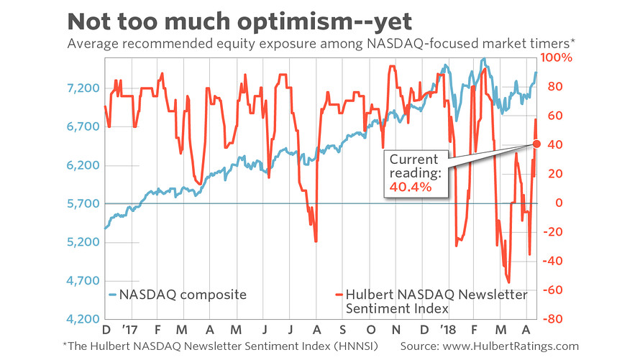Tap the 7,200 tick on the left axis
(81, 88)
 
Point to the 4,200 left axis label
(81, 319)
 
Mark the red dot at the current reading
(536, 144)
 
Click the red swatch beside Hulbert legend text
(339, 295)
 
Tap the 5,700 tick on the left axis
(81, 203)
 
